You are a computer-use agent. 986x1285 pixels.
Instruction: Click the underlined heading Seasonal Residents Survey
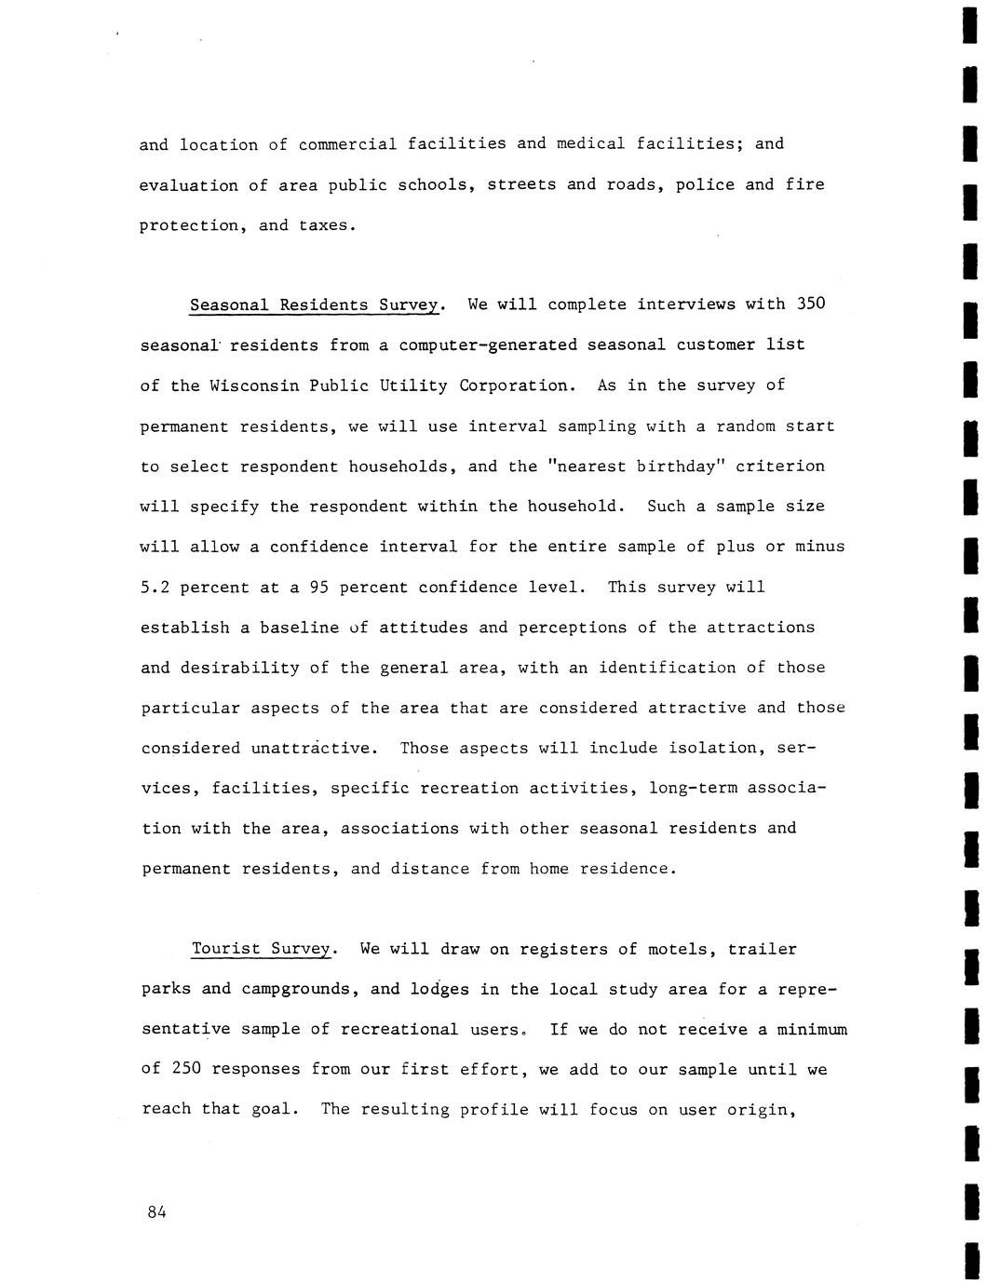click(313, 305)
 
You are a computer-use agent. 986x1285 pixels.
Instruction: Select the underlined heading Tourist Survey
click(261, 950)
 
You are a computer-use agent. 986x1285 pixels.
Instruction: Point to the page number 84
click(155, 1211)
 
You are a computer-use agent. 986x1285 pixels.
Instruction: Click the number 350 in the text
click(812, 304)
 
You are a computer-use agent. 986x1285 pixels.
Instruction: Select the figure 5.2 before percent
click(155, 588)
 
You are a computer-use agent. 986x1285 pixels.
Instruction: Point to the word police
click(704, 184)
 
